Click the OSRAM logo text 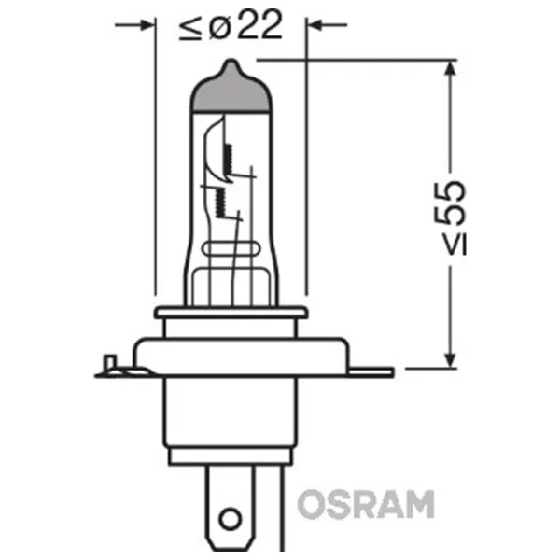366,503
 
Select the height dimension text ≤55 450,214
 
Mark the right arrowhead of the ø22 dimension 317,26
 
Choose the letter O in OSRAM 313,503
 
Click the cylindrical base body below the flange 230,420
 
